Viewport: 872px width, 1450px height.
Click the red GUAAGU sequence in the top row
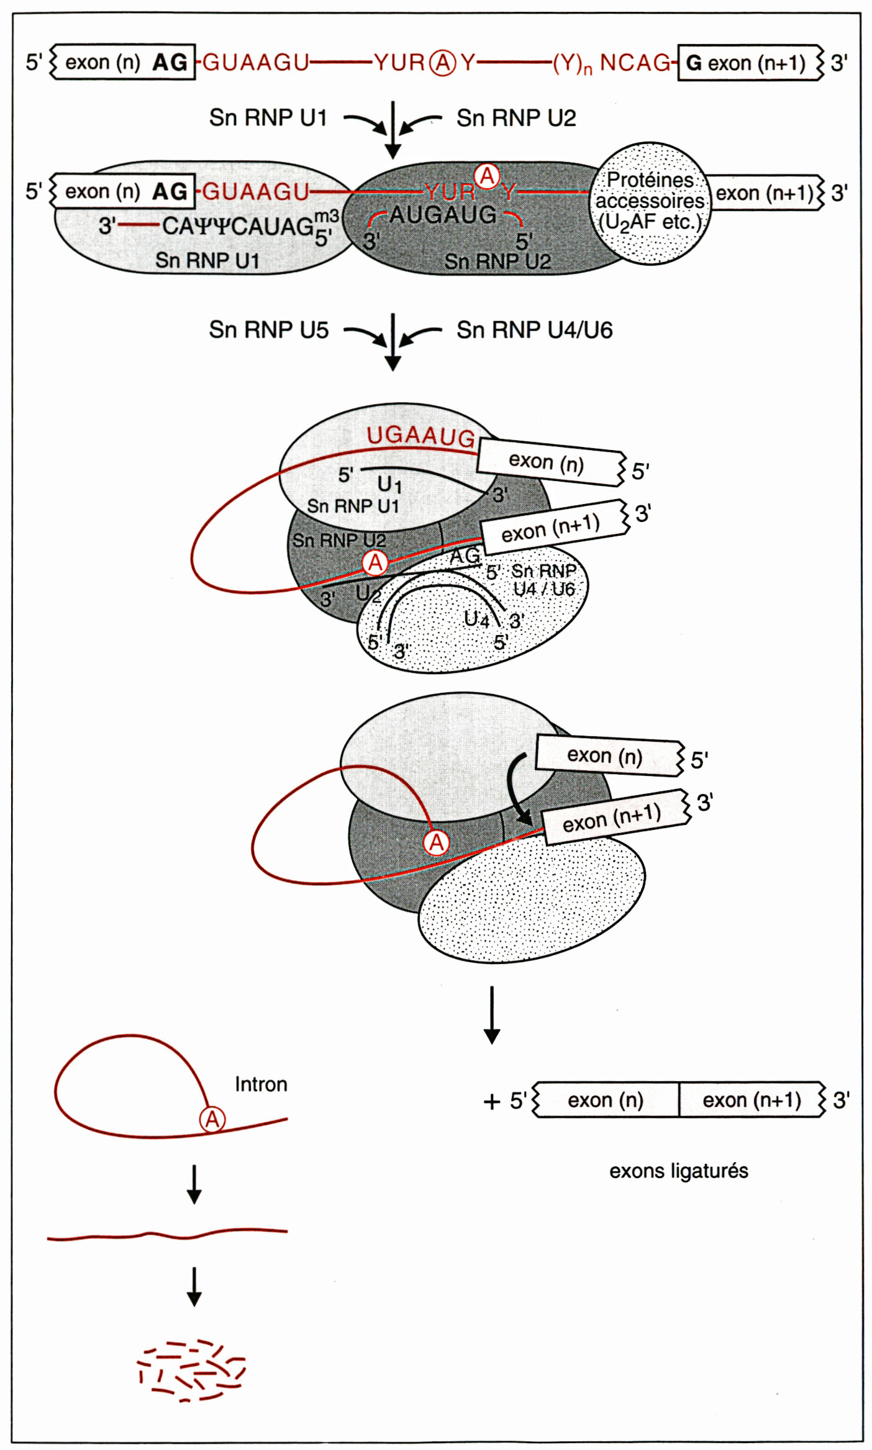[x=256, y=62]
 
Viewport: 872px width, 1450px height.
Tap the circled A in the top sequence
[x=443, y=63]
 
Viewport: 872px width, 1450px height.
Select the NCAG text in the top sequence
[x=635, y=63]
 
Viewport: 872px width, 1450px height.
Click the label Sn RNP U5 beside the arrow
[x=268, y=330]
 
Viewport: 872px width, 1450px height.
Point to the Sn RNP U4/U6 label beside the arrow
[x=534, y=330]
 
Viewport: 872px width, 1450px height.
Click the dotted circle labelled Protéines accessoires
[x=649, y=203]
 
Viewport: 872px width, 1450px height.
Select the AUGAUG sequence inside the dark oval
[x=443, y=215]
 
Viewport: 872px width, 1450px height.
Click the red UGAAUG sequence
[x=420, y=436]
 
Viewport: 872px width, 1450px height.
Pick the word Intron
[x=261, y=1084]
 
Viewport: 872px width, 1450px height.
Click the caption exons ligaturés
[x=678, y=1171]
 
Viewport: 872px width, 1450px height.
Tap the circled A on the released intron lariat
[x=212, y=1120]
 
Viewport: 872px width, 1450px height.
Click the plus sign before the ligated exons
[x=492, y=1101]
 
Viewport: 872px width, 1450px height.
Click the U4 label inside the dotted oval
[x=476, y=619]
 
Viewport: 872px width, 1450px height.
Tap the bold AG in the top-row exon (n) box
[x=170, y=62]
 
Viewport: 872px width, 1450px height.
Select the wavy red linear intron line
[x=167, y=1235]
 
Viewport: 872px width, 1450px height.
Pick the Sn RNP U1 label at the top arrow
[x=268, y=117]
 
